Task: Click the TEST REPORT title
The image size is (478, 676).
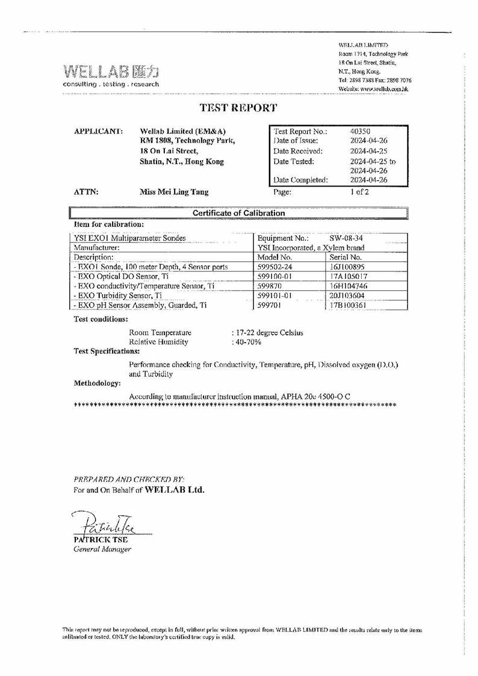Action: [238, 108]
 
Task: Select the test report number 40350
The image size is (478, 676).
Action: [360, 131]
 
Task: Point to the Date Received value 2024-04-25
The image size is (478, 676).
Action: [368, 151]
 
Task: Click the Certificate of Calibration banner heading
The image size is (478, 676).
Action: [238, 213]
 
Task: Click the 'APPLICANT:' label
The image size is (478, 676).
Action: [98, 131]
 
